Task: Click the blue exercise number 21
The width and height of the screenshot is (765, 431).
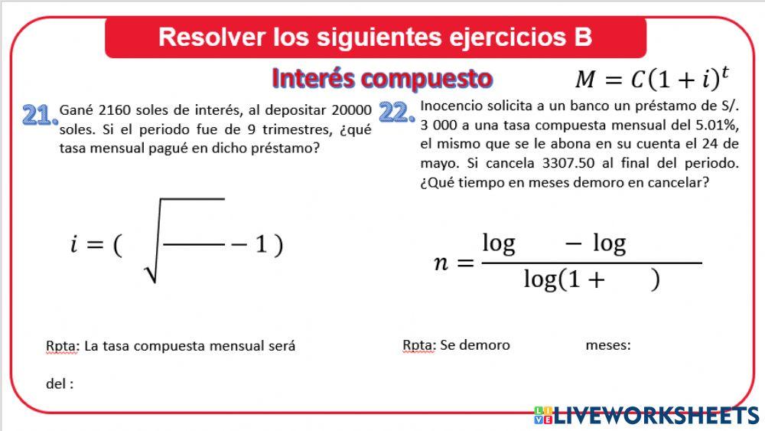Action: point(40,116)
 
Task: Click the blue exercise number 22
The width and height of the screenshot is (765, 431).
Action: point(397,113)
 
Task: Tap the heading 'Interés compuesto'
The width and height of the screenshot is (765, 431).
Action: point(382,78)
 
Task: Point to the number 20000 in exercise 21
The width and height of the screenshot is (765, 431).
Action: point(352,110)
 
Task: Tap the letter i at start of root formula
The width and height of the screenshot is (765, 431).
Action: point(75,246)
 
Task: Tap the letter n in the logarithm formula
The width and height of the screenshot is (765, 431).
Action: point(441,263)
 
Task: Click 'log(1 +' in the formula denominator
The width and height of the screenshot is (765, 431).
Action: point(564,281)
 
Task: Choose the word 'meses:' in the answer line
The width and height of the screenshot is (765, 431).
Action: point(607,345)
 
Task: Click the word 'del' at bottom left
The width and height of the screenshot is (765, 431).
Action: point(56,384)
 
